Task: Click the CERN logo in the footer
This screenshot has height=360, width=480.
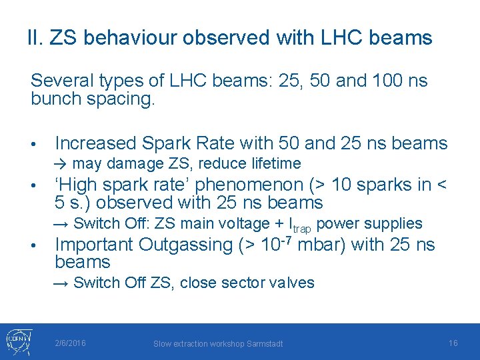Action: tap(18, 341)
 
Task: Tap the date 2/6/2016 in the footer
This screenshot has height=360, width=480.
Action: tap(71, 343)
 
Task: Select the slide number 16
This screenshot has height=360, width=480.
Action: tap(453, 343)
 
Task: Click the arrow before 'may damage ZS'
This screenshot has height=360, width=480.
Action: tap(61, 164)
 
